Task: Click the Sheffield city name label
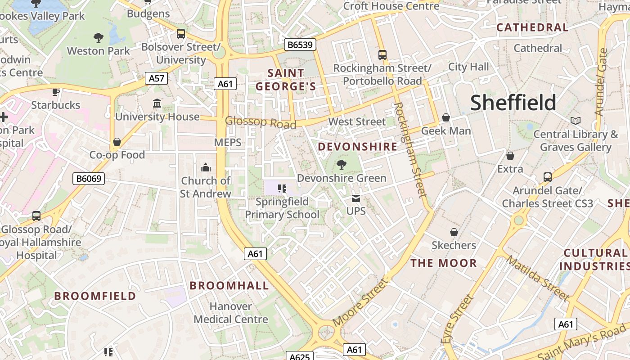tap(513, 103)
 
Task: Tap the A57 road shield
tap(157, 78)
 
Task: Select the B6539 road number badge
tap(301, 45)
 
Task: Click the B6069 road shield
tap(89, 179)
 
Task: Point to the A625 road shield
tap(299, 356)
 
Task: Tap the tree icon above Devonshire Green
tap(342, 165)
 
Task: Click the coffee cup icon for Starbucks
tap(56, 92)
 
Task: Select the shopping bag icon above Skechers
tap(454, 232)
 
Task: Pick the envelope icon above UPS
tap(356, 198)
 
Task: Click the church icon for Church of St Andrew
tap(206, 167)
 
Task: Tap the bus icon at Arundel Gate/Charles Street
tap(547, 177)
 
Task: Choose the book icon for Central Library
tap(575, 121)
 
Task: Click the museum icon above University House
tap(157, 103)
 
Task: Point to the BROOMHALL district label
tap(229, 285)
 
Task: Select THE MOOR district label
tap(443, 263)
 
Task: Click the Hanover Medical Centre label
tap(231, 313)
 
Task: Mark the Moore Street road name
tap(360, 302)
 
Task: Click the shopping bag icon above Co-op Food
tap(117, 142)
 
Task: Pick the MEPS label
tap(228, 143)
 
